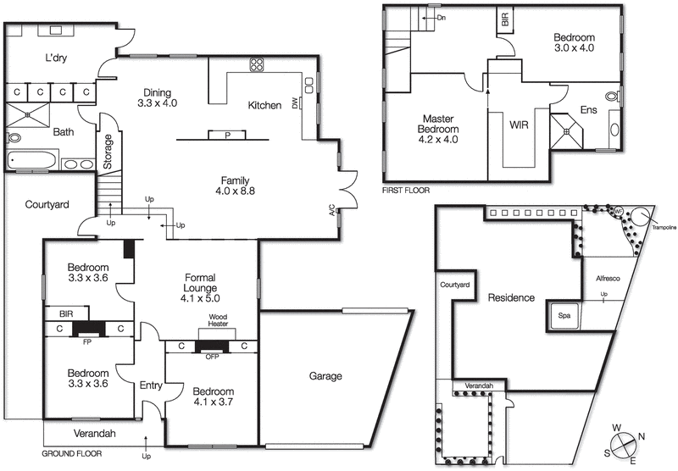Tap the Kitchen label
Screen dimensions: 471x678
pyautogui.click(x=264, y=106)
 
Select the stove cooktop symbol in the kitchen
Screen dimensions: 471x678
pyautogui.click(x=256, y=65)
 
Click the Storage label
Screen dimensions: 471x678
pyautogui.click(x=108, y=152)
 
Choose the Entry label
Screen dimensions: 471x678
pyautogui.click(x=151, y=385)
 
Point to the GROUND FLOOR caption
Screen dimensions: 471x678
pyautogui.click(x=71, y=453)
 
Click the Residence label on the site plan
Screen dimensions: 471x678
pyautogui.click(x=510, y=298)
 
